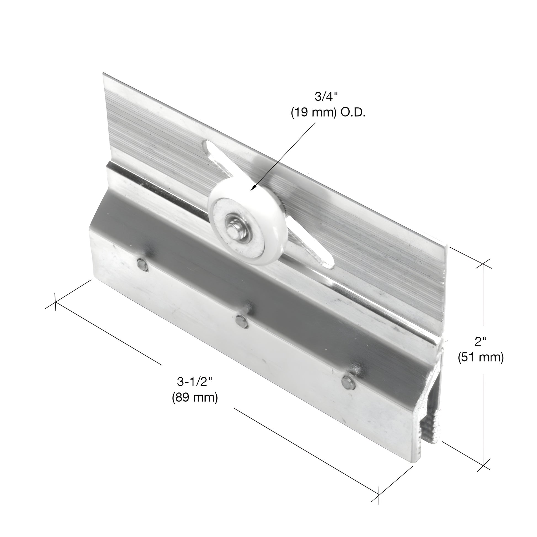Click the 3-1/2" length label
tap(195, 382)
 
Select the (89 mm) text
tap(195, 398)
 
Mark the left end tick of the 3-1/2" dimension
tap(55, 302)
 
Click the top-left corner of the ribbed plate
tap(104, 74)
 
